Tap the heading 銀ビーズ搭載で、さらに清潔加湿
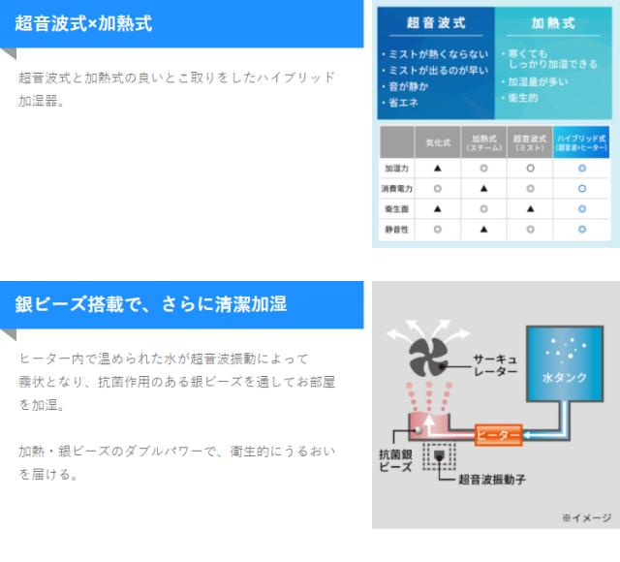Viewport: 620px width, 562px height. [150, 304]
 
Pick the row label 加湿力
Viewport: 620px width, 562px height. [397, 168]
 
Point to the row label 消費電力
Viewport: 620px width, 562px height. [397, 188]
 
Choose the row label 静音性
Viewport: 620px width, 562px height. [397, 229]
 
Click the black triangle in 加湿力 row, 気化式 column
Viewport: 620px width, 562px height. [438, 168]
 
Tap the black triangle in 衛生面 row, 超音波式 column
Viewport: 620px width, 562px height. [531, 208]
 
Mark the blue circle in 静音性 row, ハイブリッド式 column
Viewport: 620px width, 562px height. [581, 229]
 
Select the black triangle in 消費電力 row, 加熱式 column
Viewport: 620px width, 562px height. [483, 188]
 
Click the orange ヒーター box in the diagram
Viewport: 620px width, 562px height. [498, 434]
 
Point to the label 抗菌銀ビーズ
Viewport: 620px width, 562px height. [396, 458]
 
